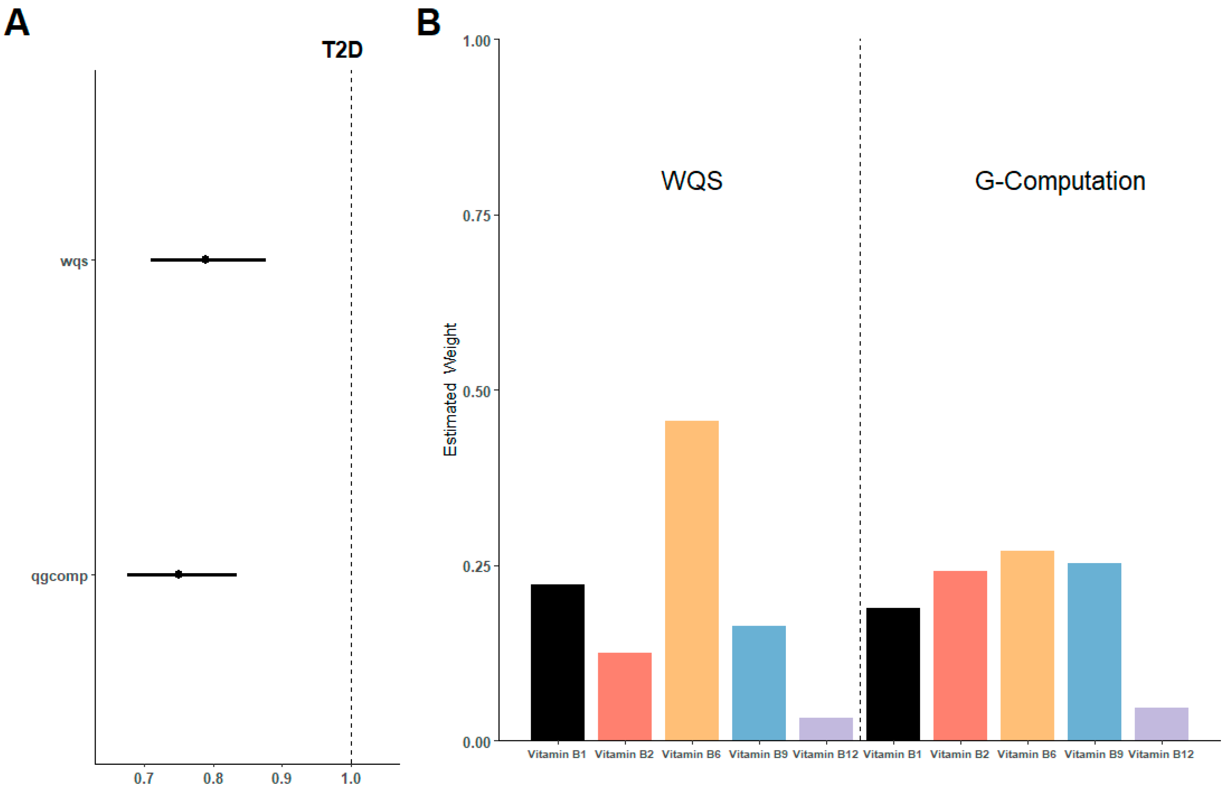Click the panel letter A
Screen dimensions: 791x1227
pos(17,23)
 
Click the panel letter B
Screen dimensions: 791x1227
pos(428,23)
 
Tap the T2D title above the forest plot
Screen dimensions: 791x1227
pos(342,50)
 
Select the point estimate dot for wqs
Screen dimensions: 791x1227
pos(205,259)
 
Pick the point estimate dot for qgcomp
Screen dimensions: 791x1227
pos(178,574)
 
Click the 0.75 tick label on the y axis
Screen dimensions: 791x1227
pos(477,216)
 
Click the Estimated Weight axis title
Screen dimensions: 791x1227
pos(450,389)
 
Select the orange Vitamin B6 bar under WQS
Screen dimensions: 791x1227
pos(691,580)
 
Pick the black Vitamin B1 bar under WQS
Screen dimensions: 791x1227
pos(557,663)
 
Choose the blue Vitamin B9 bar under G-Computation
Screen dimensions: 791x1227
pos(1094,652)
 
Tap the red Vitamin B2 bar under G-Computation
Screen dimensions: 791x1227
pos(960,656)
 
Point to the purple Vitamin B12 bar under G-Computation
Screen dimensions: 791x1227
pos(1161,724)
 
